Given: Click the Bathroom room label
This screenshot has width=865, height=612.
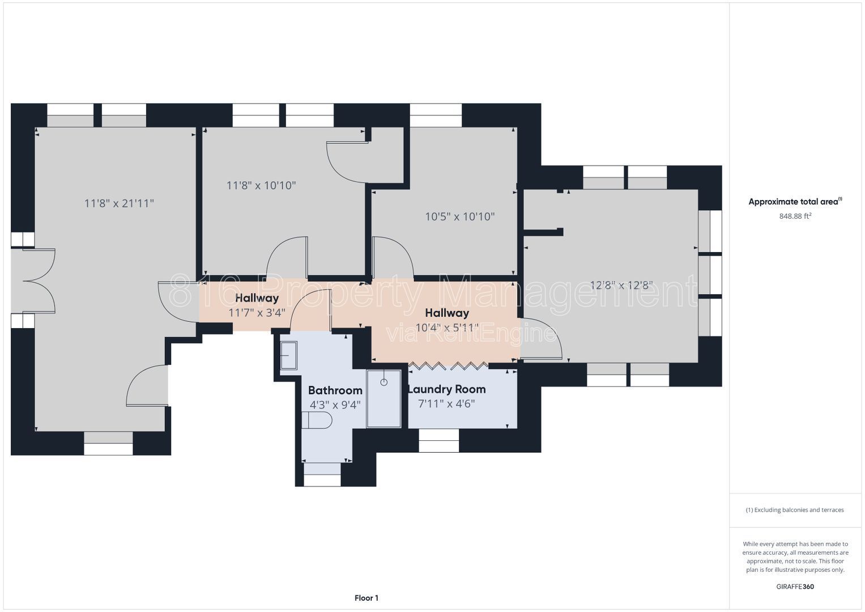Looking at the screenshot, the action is pyautogui.click(x=335, y=390).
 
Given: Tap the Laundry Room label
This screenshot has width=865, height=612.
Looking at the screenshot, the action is pyautogui.click(x=447, y=389).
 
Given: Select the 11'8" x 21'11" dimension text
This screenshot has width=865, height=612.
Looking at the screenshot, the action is pyautogui.click(x=119, y=203).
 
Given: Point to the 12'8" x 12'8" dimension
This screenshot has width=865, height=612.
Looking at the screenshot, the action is pyautogui.click(x=621, y=285).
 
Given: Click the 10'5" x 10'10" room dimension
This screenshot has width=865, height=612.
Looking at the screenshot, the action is pyautogui.click(x=459, y=216).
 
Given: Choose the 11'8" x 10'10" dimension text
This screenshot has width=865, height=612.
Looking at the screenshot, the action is pyautogui.click(x=261, y=185).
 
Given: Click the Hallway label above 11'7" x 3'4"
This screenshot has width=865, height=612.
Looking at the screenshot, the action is pyautogui.click(x=257, y=298).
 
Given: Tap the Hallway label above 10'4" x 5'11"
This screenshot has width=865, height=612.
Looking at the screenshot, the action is pyautogui.click(x=447, y=313).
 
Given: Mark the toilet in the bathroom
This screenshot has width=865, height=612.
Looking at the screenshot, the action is pyautogui.click(x=317, y=420).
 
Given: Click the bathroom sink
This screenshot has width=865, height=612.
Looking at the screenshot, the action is pyautogui.click(x=288, y=355).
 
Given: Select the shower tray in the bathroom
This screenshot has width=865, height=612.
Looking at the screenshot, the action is pyautogui.click(x=384, y=399).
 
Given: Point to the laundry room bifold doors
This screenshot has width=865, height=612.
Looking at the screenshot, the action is pyautogui.click(x=448, y=365).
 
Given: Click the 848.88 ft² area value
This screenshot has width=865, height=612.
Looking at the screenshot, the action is pyautogui.click(x=795, y=216).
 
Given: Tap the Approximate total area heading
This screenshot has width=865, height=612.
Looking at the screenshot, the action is pyautogui.click(x=795, y=201).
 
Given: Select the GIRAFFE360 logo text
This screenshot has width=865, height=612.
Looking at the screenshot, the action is pyautogui.click(x=795, y=586).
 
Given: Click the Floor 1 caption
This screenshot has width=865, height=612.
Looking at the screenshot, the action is pyautogui.click(x=367, y=598).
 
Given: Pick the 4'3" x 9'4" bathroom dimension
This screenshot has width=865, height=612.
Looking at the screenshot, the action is pyautogui.click(x=335, y=405).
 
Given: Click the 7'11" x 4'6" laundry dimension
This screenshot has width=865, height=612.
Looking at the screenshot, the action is pyautogui.click(x=446, y=403).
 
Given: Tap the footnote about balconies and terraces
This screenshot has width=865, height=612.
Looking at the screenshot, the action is pyautogui.click(x=795, y=510).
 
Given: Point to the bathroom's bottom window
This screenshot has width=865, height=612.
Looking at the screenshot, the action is pyautogui.click(x=322, y=474).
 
